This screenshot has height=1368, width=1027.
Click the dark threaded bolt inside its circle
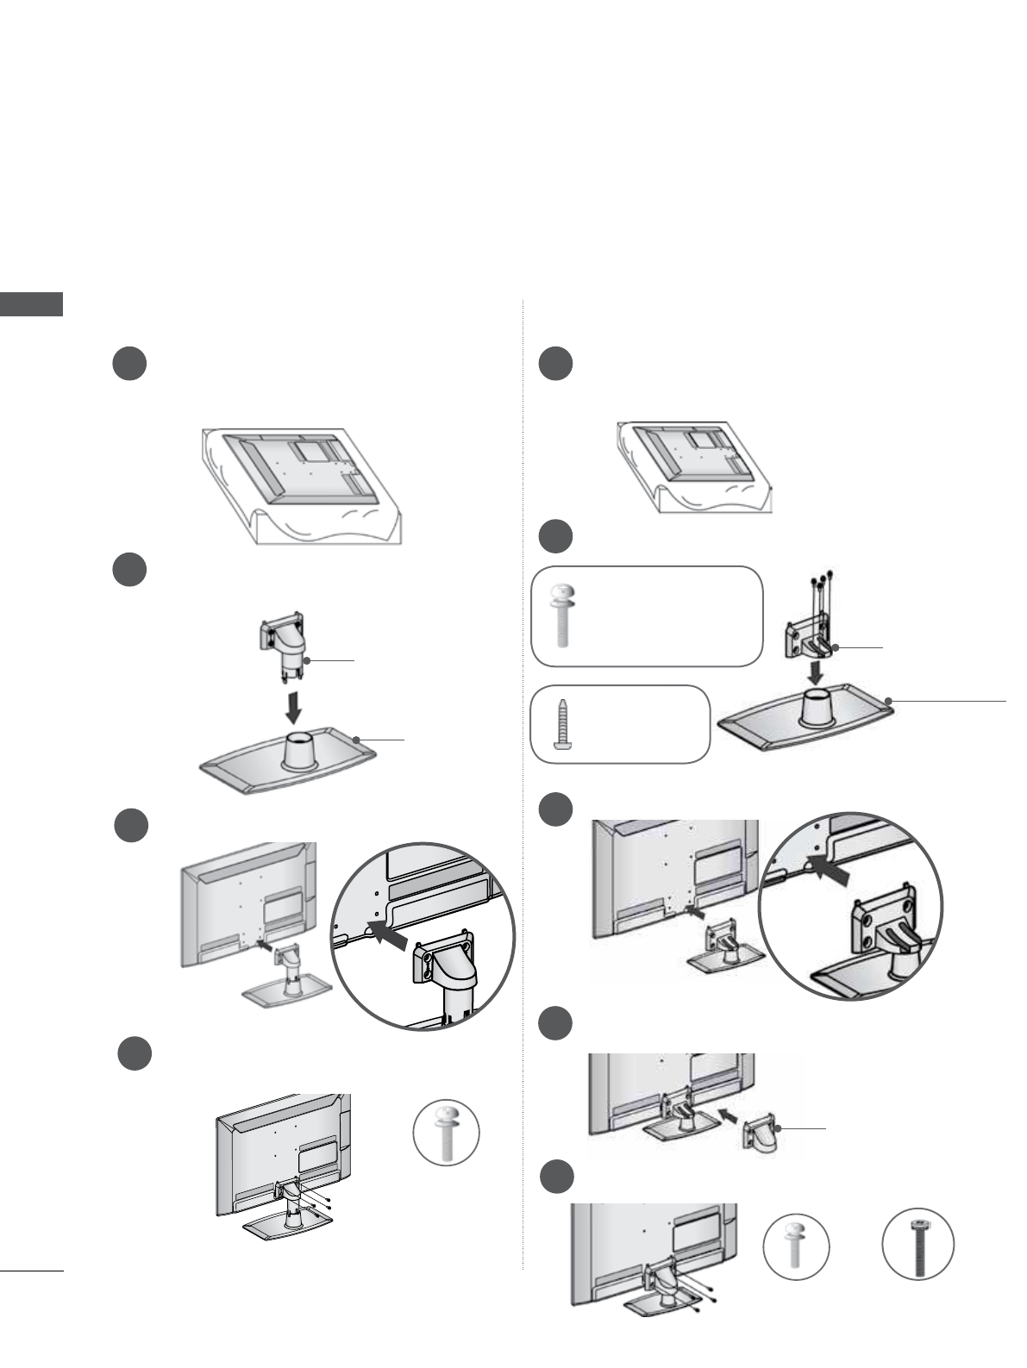917,1244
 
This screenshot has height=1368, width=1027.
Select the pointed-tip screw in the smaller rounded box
561,722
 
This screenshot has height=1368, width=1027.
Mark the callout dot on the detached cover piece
777,1128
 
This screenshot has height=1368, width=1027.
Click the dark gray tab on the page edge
31,304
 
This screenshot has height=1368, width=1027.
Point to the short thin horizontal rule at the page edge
32,1270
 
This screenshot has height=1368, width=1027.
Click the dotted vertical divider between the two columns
523,776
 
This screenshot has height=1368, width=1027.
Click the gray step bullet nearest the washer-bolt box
556,537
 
